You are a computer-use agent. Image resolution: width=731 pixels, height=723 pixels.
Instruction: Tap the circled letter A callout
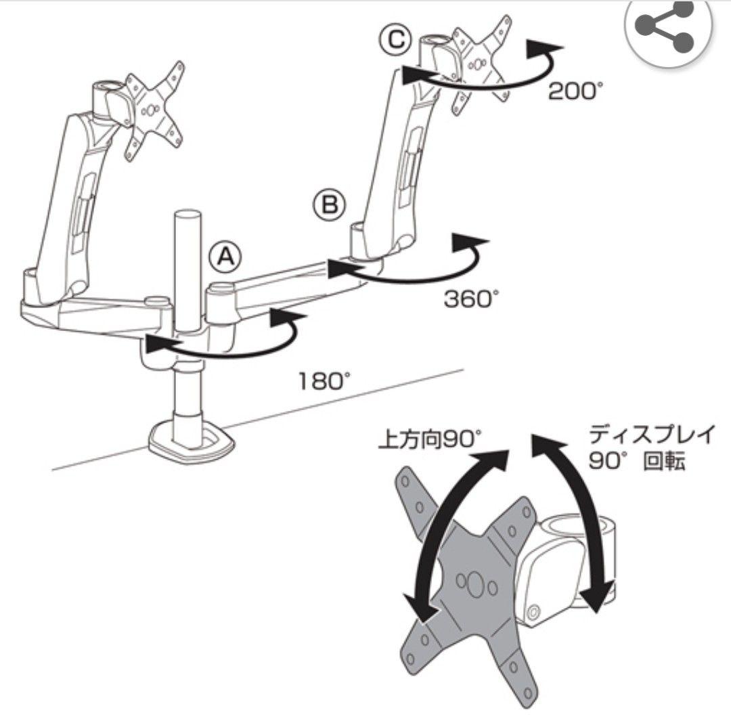[225, 256]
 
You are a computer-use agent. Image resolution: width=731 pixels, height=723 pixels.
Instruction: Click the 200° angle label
[572, 91]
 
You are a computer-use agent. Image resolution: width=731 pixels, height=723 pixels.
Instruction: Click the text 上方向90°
[429, 439]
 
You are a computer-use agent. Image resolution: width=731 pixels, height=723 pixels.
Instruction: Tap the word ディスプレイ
[651, 435]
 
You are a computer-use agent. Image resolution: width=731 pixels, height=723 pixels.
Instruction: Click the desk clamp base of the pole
[191, 442]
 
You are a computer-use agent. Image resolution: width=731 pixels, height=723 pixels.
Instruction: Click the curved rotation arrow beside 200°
[485, 82]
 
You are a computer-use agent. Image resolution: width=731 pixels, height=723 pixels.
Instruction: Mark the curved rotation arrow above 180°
[224, 353]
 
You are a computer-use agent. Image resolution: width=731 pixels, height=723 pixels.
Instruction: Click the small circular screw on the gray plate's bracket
[533, 611]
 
